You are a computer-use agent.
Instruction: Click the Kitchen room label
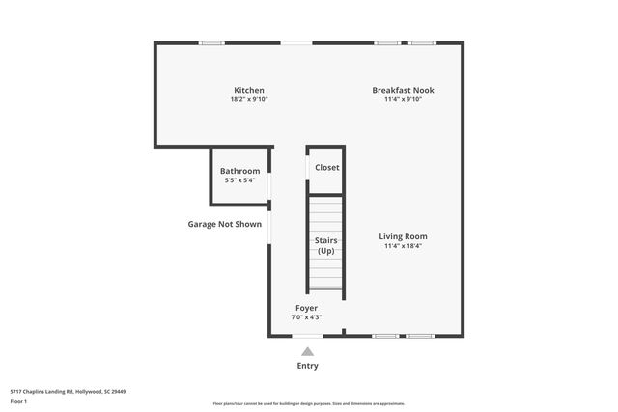tap(248, 90)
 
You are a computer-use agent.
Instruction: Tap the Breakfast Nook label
tap(404, 90)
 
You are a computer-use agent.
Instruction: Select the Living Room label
tap(403, 236)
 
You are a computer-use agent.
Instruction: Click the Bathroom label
tap(240, 171)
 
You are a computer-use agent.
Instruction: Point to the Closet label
tap(327, 167)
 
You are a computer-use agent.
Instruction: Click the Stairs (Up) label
tap(325, 245)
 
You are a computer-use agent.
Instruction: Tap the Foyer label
tap(306, 308)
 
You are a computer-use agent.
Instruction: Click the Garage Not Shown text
tap(224, 224)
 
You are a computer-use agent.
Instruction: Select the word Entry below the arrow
tap(307, 366)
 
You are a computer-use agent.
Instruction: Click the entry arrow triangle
tap(307, 351)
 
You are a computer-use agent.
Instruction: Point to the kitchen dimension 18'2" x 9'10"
tap(248, 99)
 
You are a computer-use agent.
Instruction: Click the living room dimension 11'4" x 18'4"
tap(403, 246)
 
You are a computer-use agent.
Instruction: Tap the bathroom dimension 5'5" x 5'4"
tap(239, 180)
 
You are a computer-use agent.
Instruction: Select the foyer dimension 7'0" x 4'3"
tap(306, 317)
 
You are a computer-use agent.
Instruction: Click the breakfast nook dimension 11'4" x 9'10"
tap(404, 99)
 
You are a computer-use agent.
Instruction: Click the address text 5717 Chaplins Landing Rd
tap(69, 391)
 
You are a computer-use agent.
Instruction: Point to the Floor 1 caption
tap(18, 400)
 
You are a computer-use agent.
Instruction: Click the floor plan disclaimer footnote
tap(309, 403)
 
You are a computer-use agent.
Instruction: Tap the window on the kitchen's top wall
tap(211, 42)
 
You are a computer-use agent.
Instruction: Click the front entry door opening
tap(307, 336)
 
